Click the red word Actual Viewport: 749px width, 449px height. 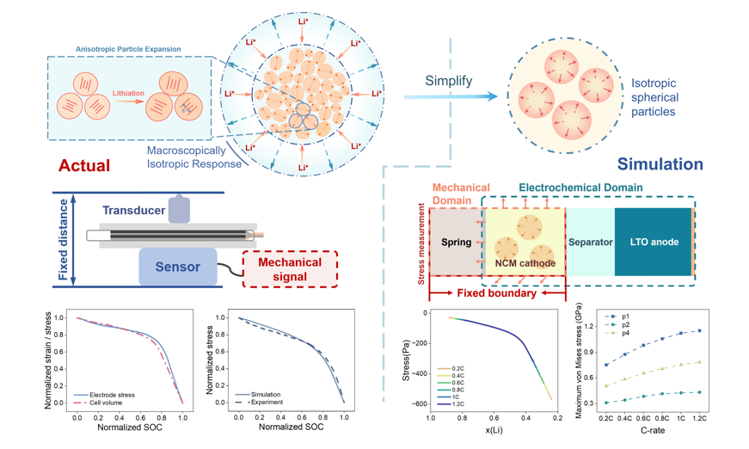pos(83,165)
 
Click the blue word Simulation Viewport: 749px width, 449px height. pos(660,163)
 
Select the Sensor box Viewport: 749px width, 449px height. pos(177,267)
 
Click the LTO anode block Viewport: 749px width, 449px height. pos(653,242)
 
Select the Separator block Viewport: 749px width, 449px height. pos(590,242)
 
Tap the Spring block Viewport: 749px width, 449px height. pos(456,243)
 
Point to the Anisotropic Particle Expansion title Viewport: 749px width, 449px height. pos(128,49)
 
